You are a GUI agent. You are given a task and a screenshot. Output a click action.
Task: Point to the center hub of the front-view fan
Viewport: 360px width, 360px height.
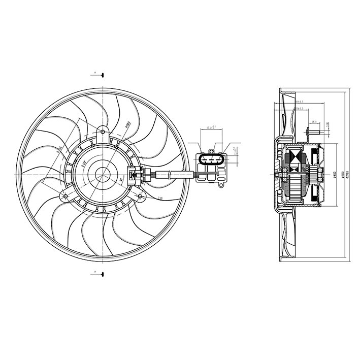tap(103, 174)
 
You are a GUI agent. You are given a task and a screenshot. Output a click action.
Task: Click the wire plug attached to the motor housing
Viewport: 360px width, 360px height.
tap(136, 174)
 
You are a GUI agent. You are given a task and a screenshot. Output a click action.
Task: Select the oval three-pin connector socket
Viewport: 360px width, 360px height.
tap(210, 159)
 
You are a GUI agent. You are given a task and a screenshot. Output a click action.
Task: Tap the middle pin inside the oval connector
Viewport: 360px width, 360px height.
tap(210, 158)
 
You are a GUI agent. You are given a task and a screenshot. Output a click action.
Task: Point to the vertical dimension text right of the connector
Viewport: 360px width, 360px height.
tap(235, 150)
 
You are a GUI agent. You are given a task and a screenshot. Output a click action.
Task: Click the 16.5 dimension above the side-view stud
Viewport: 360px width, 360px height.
tap(314, 122)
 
